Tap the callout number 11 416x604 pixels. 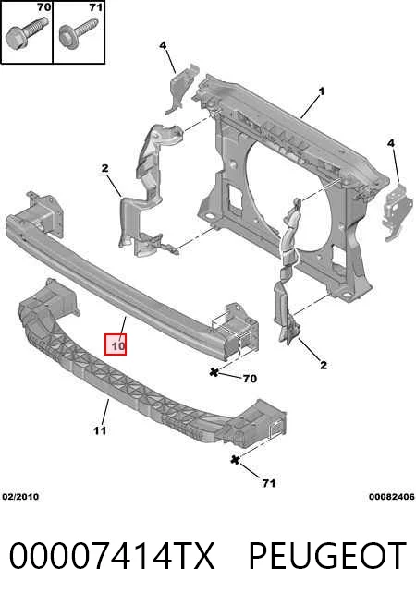coord(100,429)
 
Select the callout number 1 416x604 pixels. coord(321,91)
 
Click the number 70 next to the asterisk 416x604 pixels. coord(250,379)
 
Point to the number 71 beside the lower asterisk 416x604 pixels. coord(269,483)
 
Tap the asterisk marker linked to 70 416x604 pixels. coord(214,372)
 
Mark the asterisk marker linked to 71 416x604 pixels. coord(235,459)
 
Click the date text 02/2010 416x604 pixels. coord(20,497)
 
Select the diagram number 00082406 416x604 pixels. coord(392,497)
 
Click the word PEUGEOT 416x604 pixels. coord(327,555)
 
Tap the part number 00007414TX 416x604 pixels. coord(112,555)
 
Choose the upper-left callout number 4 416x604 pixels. coord(163,45)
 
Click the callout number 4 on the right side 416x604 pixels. coord(391,143)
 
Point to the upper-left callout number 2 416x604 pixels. coord(104,168)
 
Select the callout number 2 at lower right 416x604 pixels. coord(323,365)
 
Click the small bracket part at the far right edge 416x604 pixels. coord(394,211)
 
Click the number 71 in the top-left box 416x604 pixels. coord(95,7)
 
